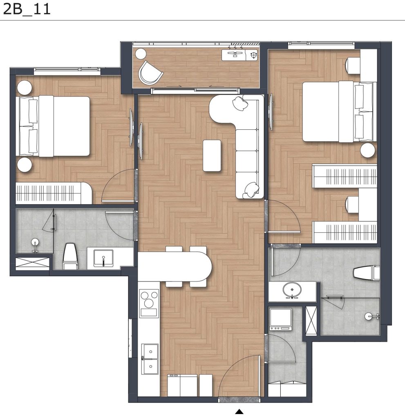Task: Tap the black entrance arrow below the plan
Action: coord(239,412)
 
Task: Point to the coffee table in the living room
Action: coord(212,155)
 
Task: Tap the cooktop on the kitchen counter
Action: coord(149,303)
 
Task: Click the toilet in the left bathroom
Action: coord(70,257)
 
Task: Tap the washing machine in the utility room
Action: coord(280,319)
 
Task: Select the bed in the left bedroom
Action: coord(53,126)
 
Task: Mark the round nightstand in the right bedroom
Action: coord(368,150)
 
